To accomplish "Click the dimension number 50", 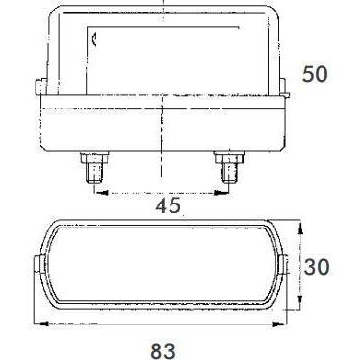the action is coord(315,74).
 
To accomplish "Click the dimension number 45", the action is coord(168,205).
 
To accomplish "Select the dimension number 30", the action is coord(317,267).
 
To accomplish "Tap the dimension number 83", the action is coord(163,350).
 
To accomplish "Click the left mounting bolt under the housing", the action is coord(94,167).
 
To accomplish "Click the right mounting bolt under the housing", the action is coord(229,167).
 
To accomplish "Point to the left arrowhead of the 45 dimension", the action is coord(102,193).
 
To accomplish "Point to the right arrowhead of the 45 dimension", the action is coord(221,193).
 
